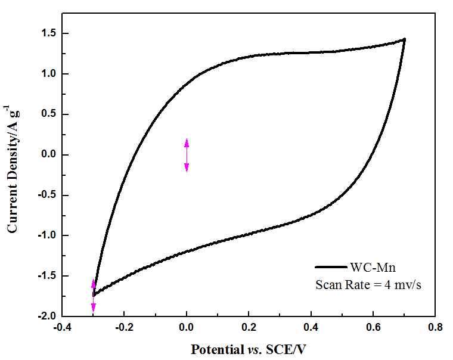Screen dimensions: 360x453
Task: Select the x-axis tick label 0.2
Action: point(249,327)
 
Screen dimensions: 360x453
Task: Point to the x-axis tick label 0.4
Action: point(311,327)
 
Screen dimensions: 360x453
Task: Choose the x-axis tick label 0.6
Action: point(374,327)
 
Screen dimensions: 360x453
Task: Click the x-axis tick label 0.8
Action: point(436,327)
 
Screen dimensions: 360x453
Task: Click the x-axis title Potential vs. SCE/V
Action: point(249,347)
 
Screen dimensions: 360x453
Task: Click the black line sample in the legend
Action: point(330,268)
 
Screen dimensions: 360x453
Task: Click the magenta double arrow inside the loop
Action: point(187,155)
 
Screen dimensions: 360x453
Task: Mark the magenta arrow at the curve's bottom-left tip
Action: point(93,296)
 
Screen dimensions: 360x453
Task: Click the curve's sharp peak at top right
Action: point(404,39)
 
